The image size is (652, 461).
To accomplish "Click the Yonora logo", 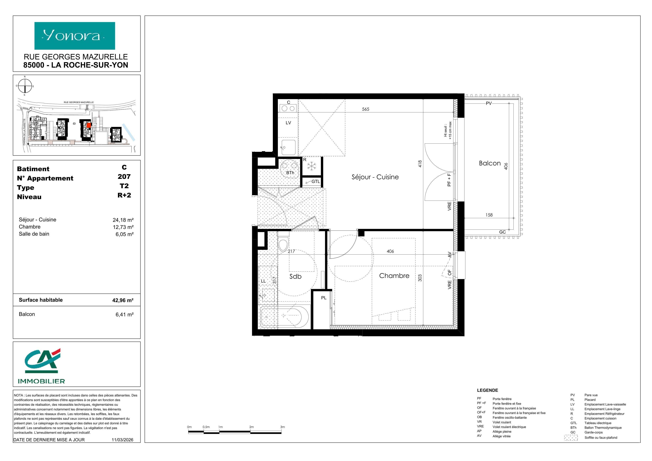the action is [75, 36].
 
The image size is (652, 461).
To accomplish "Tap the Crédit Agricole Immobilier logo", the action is [42, 366].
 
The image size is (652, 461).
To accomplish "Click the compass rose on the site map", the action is [25, 86].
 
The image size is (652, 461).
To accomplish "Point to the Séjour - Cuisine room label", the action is [375, 177].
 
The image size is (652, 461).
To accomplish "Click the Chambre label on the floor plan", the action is [394, 276].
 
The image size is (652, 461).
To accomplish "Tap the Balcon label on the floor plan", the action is [490, 163].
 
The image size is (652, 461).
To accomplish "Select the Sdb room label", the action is [295, 276].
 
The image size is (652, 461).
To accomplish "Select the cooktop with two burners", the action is [288, 108].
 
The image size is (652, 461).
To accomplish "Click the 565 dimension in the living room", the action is [366, 109].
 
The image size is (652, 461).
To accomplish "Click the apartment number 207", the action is [124, 177].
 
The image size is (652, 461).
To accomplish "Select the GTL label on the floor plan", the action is [316, 181].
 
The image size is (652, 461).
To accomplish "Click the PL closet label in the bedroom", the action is [324, 298].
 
